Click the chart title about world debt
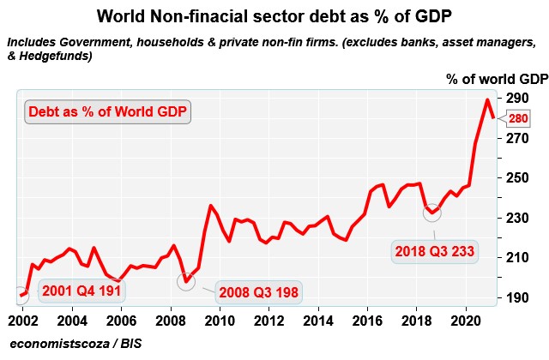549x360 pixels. (274, 16)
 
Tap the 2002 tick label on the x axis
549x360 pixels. (22, 321)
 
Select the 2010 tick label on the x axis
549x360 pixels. (219, 321)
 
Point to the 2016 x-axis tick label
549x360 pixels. (366, 321)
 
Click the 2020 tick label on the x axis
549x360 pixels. (465, 321)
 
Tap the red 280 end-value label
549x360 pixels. (518, 119)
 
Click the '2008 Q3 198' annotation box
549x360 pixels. (257, 292)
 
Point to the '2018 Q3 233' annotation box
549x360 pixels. (436, 252)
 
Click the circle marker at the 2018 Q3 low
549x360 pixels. (432, 212)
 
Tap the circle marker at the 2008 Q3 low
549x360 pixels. (186, 280)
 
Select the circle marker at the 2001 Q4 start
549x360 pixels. (21, 296)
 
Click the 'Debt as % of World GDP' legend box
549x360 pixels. (108, 111)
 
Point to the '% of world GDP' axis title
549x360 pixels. (497, 79)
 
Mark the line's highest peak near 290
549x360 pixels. (487, 99)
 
